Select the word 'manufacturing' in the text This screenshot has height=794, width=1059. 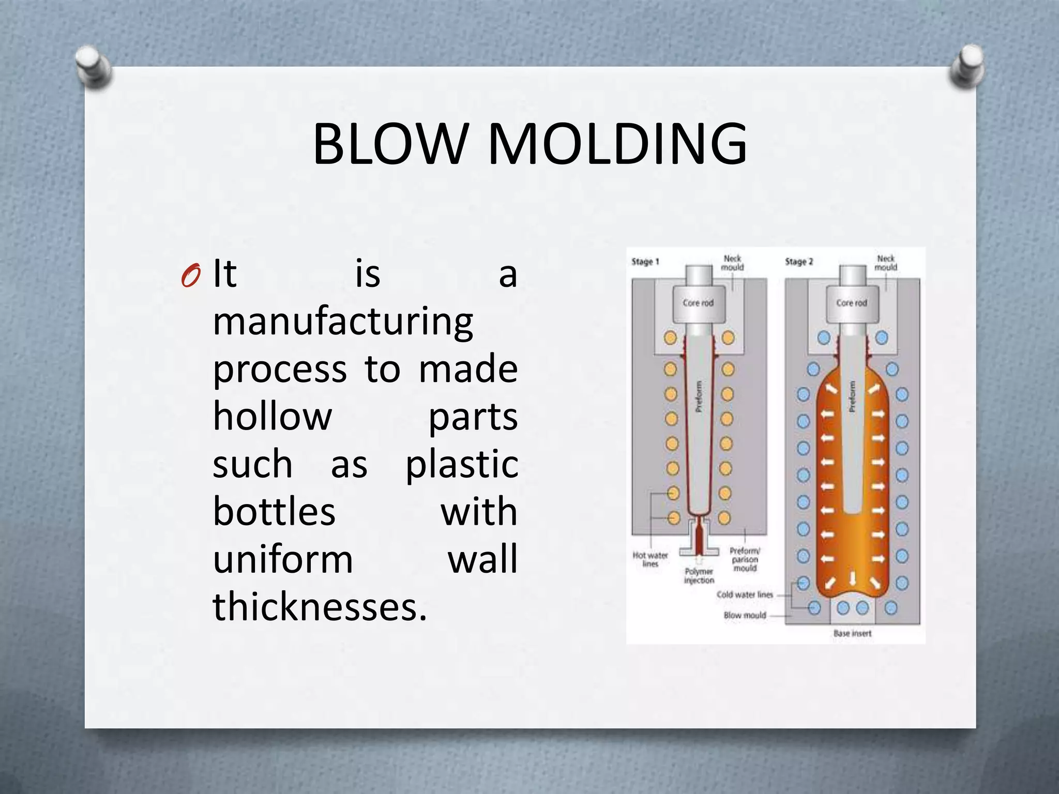coord(343,322)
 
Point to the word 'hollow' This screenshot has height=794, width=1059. coord(272,417)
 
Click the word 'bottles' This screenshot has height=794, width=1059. coord(274,512)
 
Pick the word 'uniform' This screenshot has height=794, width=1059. coord(283,559)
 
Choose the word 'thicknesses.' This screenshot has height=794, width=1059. coord(320,607)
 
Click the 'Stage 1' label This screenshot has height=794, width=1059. coord(645,262)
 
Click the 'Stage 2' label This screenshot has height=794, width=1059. coord(798,262)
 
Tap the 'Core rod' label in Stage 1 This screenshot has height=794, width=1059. coord(698,303)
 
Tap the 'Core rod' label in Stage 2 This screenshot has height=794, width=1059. coord(852,303)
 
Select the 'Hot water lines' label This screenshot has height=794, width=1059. coord(650,559)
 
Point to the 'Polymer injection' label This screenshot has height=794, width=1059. coord(699,576)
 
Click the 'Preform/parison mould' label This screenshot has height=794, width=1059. coord(745,559)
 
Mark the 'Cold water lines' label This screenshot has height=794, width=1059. coord(744,594)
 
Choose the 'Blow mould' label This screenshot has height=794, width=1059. coord(745,615)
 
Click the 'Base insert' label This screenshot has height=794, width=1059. coord(852,633)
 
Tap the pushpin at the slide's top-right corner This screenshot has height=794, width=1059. coord(967,65)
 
